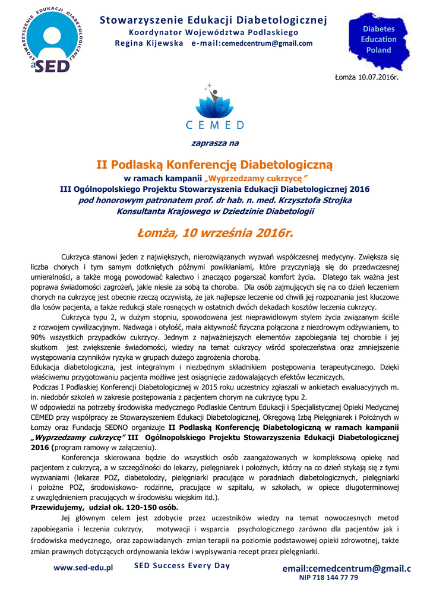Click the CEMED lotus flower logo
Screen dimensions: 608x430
[214, 102]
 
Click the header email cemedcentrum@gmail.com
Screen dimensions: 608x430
[267, 43]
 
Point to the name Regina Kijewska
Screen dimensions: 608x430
[149, 43]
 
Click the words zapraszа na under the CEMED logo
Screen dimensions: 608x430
[214, 143]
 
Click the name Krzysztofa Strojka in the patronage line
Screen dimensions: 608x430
[312, 200]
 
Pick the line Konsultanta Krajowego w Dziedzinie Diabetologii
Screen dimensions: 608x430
[215, 211]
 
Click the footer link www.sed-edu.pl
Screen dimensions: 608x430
[83, 568]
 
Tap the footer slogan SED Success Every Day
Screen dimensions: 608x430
[182, 565]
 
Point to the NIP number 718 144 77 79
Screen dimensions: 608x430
[328, 577]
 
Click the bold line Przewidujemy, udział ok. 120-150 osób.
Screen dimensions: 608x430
[104, 508]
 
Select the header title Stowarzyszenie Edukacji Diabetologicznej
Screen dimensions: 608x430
[213, 20]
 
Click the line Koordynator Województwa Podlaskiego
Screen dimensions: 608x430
[214, 32]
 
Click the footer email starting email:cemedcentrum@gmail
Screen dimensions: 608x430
[346, 568]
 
